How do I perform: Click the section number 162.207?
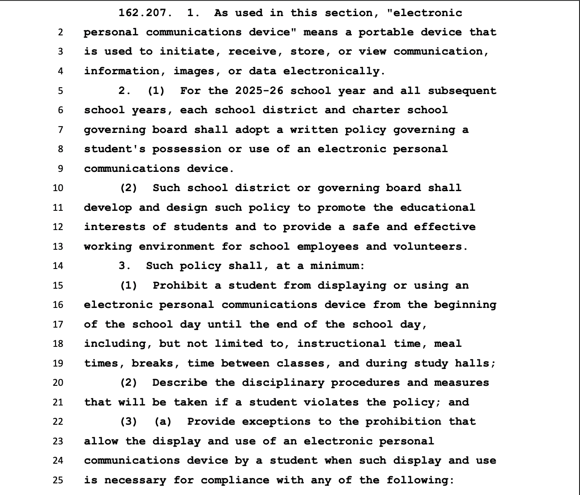pyautogui.click(x=145, y=13)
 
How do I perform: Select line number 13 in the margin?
pyautogui.click(x=58, y=246)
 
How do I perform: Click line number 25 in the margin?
pyautogui.click(x=58, y=480)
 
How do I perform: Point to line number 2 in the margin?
pyautogui.click(x=60, y=32)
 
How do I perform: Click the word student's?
pyautogui.click(x=115, y=149)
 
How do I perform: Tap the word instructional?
pyautogui.click(x=341, y=344)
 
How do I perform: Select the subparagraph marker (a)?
pyautogui.click(x=163, y=422)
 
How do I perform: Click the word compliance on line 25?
pyautogui.click(x=235, y=480)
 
